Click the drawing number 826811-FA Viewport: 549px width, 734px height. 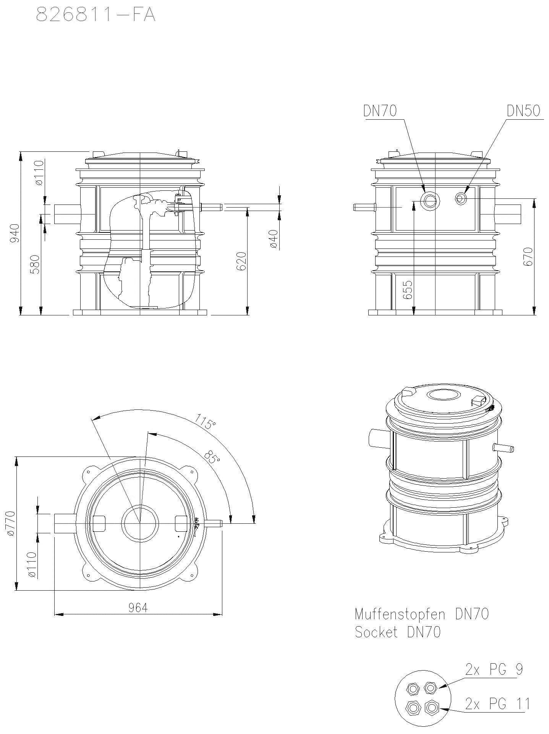[96, 15]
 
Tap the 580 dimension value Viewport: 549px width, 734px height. [35, 264]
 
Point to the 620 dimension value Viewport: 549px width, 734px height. [241, 261]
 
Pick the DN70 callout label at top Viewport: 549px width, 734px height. [380, 111]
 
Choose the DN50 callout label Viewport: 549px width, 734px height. [523, 111]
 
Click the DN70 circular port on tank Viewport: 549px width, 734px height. [430, 200]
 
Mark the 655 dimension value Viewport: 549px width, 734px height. [408, 290]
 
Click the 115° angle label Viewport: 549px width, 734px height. [205, 421]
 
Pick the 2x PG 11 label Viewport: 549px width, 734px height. [497, 703]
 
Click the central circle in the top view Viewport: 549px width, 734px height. [140, 523]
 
